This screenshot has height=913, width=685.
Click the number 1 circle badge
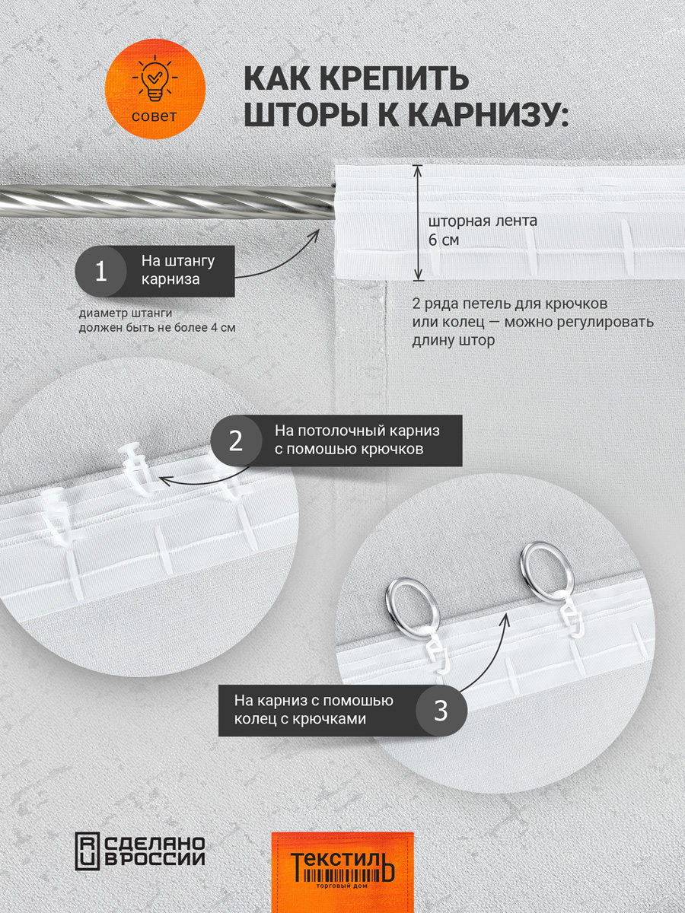pyautogui.click(x=100, y=272)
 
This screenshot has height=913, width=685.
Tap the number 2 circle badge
pyautogui.click(x=236, y=441)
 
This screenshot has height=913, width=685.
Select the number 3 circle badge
pyautogui.click(x=441, y=711)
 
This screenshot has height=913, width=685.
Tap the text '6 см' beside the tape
pyautogui.click(x=444, y=240)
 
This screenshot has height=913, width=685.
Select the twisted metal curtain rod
pyautogui.click(x=167, y=202)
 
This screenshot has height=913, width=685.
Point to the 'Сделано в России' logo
pyautogui.click(x=141, y=849)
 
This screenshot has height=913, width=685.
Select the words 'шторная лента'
pyautogui.click(x=483, y=221)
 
